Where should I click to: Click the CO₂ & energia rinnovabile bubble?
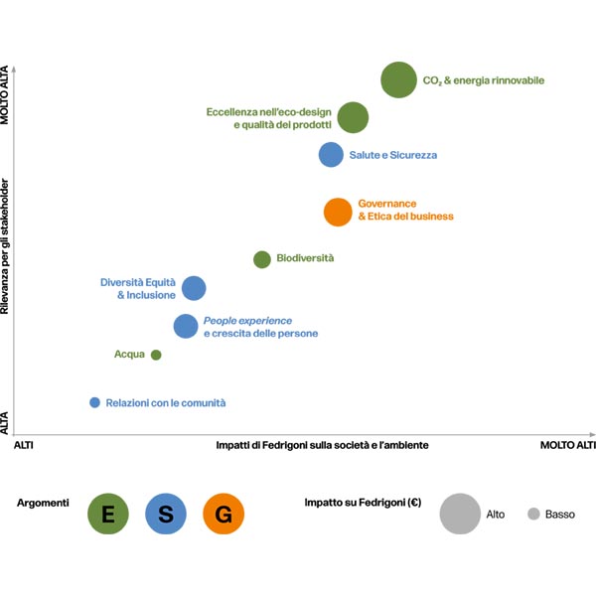click(x=398, y=79)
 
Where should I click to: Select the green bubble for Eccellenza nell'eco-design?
click(x=353, y=117)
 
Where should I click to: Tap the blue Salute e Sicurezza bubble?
click(x=331, y=155)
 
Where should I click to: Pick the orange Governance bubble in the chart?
click(x=338, y=212)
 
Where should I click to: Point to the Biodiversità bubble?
click(x=262, y=259)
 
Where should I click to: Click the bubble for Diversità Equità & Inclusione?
click(x=194, y=288)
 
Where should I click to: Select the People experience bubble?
click(x=186, y=326)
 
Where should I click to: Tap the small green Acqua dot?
click(x=156, y=355)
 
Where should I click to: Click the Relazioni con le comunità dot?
click(x=95, y=402)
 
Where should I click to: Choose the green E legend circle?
click(x=108, y=514)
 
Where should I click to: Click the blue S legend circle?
click(x=166, y=514)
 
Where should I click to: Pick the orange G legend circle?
click(x=223, y=514)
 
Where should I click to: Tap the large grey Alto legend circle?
click(x=460, y=514)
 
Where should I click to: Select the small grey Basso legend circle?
click(x=533, y=514)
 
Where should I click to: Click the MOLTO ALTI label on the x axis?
click(x=567, y=446)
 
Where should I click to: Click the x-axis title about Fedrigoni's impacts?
click(x=323, y=446)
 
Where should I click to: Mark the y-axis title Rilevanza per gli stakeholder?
click(x=7, y=248)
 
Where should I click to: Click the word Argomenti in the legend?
click(x=44, y=504)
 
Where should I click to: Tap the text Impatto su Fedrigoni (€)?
click(x=363, y=504)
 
